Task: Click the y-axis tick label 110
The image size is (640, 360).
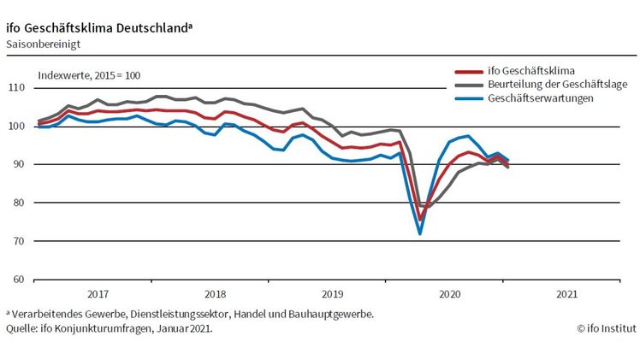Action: click(x=16, y=88)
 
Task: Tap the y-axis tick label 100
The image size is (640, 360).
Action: click(x=16, y=127)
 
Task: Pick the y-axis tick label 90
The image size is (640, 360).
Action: click(x=19, y=164)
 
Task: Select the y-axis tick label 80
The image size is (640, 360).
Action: click(x=19, y=203)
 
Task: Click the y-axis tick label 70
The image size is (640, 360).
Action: click(x=19, y=241)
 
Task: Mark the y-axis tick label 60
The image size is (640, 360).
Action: click(x=19, y=280)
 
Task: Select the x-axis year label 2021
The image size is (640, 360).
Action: click(x=566, y=293)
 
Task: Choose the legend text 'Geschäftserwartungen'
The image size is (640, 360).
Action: click(x=542, y=98)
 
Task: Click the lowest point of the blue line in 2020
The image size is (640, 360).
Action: click(x=420, y=233)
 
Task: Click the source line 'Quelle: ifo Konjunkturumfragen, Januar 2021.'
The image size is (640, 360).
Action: click(x=110, y=328)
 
